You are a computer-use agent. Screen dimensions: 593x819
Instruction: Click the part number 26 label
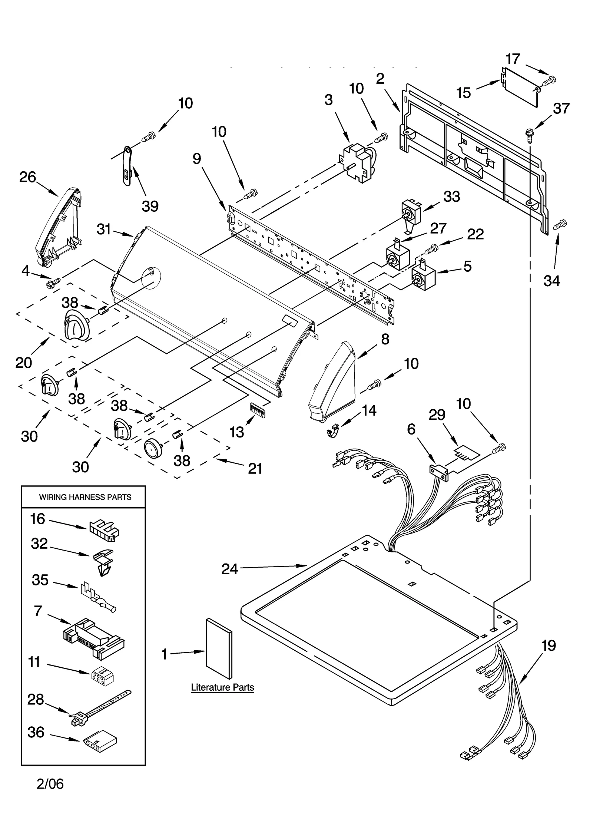(27, 177)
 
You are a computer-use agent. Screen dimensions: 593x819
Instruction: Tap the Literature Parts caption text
(222, 687)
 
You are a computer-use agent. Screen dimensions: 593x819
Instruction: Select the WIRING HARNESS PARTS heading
(85, 497)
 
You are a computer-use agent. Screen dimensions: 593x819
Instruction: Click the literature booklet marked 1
(219, 649)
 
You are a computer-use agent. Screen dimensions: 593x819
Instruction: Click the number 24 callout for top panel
(229, 569)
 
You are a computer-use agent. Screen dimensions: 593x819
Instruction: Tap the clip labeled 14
(333, 431)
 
